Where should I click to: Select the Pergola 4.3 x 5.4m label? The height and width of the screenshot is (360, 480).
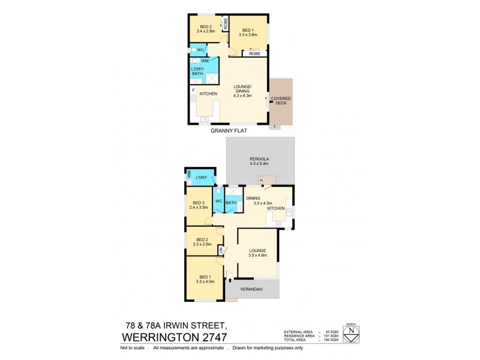(259, 161)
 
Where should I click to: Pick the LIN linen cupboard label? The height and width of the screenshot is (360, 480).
(220, 250)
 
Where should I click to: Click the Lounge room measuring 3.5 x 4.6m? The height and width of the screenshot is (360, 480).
(257, 253)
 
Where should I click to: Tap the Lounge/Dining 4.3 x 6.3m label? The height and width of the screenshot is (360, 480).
(243, 90)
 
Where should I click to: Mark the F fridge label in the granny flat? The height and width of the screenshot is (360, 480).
(193, 89)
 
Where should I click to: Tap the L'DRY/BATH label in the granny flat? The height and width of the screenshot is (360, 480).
(197, 72)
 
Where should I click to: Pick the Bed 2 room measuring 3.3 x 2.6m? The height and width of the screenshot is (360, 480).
(200, 242)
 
